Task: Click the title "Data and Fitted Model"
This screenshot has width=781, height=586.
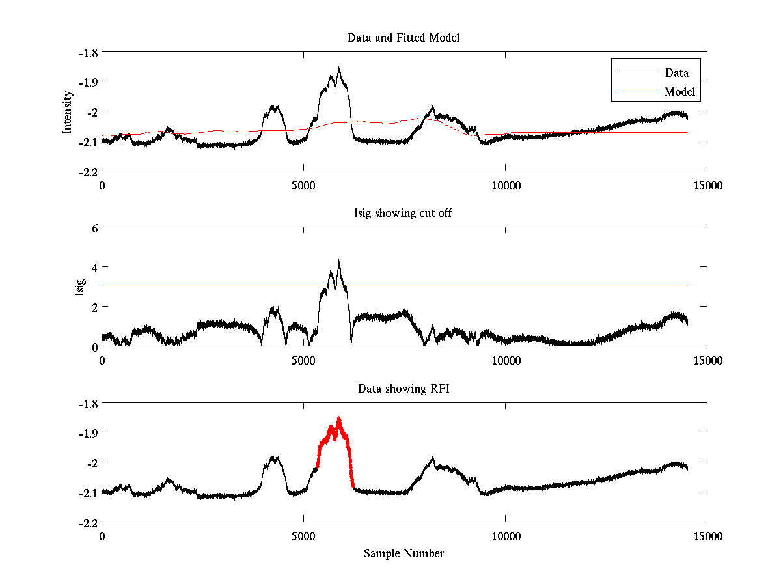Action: (x=404, y=38)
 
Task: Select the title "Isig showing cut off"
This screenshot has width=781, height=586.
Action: (x=403, y=214)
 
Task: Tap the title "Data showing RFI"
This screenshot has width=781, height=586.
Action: (x=404, y=389)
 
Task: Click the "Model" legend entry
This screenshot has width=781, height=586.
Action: (x=679, y=92)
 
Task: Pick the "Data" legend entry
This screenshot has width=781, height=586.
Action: (x=676, y=73)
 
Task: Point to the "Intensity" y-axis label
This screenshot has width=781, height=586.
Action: (x=67, y=112)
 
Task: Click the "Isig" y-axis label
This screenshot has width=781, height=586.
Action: (x=79, y=287)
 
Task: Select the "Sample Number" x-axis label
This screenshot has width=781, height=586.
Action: (x=404, y=553)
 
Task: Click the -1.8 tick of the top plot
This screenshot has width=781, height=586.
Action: (x=89, y=53)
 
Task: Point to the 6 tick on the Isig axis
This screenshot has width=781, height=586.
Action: (x=94, y=228)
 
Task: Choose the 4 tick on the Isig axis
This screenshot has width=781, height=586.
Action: (x=94, y=267)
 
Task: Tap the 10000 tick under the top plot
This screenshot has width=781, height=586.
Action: (x=506, y=185)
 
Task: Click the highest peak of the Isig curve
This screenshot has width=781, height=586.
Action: (x=339, y=261)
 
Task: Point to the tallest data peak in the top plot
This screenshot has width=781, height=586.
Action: (x=339, y=68)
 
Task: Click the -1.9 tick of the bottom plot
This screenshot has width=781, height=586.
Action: (x=89, y=433)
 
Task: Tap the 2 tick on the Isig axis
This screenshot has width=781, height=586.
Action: (x=94, y=306)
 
